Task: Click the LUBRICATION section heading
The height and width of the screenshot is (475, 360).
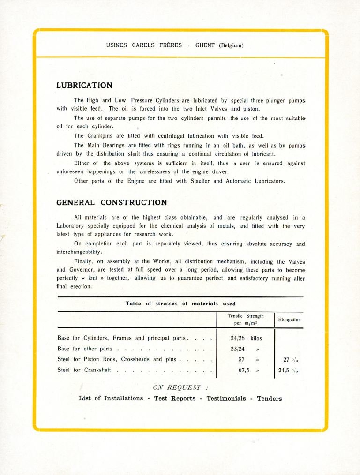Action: point(84,86)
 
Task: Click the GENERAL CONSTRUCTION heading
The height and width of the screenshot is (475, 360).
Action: point(112,203)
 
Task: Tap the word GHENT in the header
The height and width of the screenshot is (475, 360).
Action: point(205,45)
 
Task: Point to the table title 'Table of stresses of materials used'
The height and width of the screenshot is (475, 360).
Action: point(180,304)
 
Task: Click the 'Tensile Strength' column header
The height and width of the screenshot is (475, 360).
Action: point(246,316)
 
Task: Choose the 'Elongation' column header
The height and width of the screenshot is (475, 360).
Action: point(289,319)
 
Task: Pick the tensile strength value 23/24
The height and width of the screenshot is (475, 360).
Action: point(238,349)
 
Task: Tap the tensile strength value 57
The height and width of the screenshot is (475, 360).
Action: point(242,359)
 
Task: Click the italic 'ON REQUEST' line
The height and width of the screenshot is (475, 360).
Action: point(180,387)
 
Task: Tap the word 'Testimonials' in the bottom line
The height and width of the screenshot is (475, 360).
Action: point(226,399)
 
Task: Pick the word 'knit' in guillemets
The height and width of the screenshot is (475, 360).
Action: point(94,278)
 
